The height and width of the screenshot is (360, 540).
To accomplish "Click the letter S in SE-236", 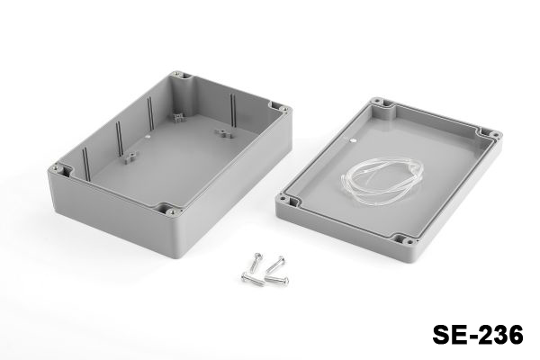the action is coord(442,335).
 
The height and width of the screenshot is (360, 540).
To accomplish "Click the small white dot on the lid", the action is coord(352,140).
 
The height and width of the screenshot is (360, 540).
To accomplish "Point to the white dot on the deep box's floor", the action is coord(148,137).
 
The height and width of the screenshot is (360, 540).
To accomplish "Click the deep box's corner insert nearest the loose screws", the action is coord(170,211).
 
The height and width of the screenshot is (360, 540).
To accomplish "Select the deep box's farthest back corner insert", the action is coord(177,74).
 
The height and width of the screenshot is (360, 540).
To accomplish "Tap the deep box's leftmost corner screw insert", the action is coord(56,168).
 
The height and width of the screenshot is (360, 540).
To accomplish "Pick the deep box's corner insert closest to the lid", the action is coord(284,109).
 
